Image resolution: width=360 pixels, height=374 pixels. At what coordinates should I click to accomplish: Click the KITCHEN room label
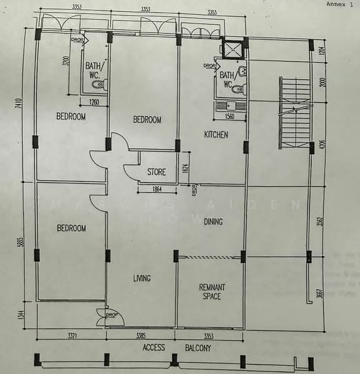pos(216,135)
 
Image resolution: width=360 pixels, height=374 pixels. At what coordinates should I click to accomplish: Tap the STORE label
pos(156,172)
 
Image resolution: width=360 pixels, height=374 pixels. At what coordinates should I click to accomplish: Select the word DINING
pos(213,221)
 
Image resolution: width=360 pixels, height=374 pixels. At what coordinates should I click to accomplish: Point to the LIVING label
pos(142,278)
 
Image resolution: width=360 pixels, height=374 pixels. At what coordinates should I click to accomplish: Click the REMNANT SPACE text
pos(212,292)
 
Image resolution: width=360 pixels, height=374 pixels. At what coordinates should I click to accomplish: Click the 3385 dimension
pos(142,337)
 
